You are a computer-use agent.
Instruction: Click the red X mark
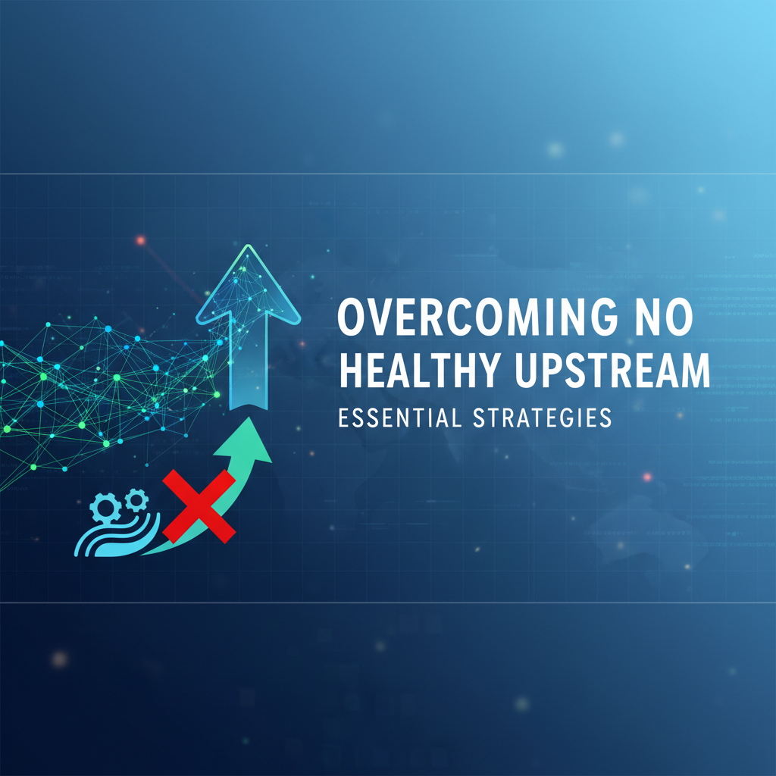coord(198,505)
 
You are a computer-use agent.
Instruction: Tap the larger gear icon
coord(104,505)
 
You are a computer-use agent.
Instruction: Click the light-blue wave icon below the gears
coord(114,535)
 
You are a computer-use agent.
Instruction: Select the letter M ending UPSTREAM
coord(693,372)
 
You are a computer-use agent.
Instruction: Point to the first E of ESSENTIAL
coord(345,418)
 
